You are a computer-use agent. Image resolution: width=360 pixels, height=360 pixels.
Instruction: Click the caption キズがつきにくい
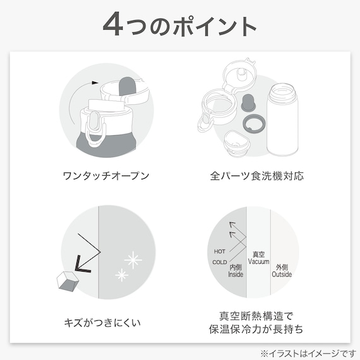pos(104,323)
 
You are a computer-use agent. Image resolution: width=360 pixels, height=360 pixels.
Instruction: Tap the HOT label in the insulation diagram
pos(219,251)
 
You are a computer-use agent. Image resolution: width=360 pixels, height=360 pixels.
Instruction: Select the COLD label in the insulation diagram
pos(219,261)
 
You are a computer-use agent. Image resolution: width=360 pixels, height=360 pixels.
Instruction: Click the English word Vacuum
pos(259,261)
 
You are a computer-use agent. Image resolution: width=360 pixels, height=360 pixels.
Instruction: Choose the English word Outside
pos(282,275)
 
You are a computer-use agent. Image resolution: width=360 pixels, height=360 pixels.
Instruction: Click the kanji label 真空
pos(259,253)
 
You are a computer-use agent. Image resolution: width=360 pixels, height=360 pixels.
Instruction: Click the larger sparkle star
pos(133,259)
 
